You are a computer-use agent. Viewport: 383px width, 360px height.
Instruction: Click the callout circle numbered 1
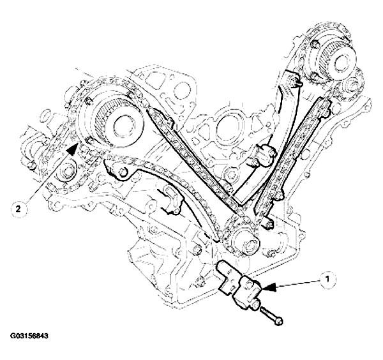[x=327, y=279]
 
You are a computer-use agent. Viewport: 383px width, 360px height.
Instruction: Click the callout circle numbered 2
[x=19, y=209]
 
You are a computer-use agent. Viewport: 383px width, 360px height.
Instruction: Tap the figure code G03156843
[x=29, y=336]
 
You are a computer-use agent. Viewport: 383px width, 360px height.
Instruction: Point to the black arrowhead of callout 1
[x=269, y=287]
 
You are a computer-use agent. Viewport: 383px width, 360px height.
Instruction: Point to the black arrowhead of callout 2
[x=72, y=149]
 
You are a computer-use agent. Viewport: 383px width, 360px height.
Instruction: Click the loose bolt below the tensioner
[x=271, y=316]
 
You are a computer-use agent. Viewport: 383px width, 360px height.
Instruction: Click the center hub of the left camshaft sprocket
[x=126, y=126]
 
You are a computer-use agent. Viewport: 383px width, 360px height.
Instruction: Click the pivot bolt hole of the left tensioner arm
[x=123, y=172]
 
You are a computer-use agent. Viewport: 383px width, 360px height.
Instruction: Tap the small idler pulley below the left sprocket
[x=67, y=169]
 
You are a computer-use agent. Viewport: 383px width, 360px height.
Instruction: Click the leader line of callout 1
[x=298, y=283]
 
